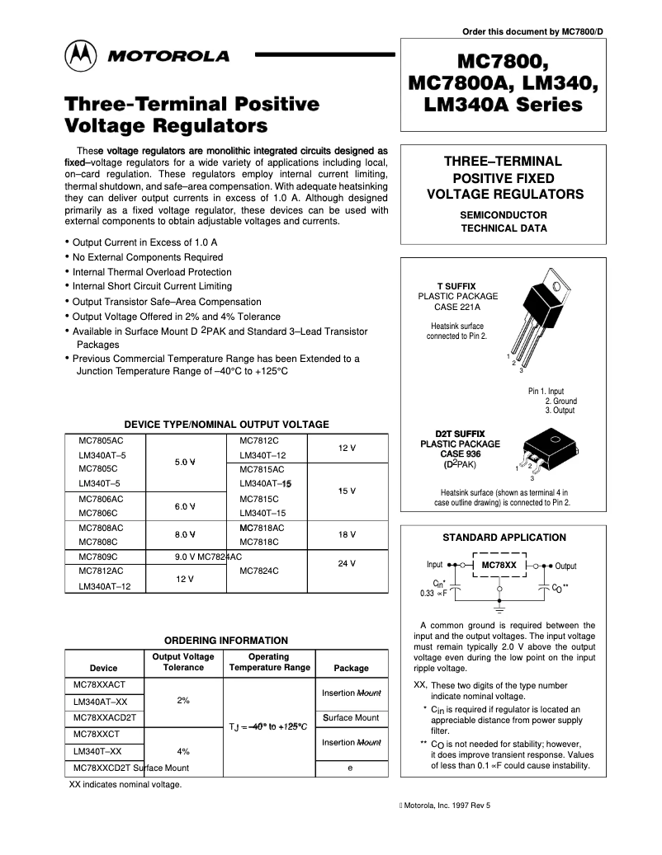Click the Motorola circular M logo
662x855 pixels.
(x=81, y=55)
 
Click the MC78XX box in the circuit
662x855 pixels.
(x=499, y=566)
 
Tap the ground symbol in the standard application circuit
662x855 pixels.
(x=499, y=611)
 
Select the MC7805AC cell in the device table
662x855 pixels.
(x=101, y=440)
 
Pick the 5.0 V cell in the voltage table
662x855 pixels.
(x=184, y=462)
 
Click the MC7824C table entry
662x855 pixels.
(x=258, y=571)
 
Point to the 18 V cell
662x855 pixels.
(x=347, y=534)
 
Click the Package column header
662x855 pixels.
(x=351, y=668)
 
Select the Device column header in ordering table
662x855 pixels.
(x=103, y=668)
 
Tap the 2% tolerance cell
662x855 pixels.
(x=183, y=700)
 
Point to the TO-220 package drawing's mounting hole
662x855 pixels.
(x=558, y=287)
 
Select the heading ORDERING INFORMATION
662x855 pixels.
(x=225, y=640)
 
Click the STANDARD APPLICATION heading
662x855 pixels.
(x=504, y=538)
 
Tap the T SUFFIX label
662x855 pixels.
(x=456, y=284)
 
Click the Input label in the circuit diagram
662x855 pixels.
(x=434, y=566)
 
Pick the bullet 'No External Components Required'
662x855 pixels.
(x=147, y=257)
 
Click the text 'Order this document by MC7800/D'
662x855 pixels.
(x=532, y=32)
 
